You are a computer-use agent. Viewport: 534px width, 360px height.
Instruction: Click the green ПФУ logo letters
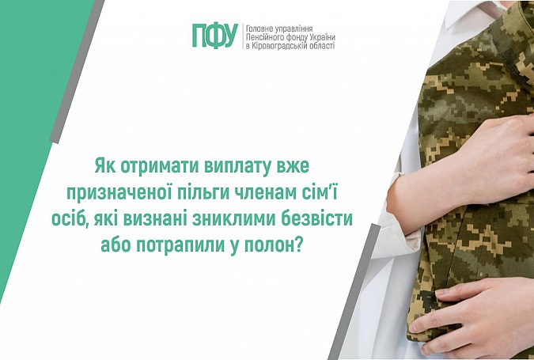215,36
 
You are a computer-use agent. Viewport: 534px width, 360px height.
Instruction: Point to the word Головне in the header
258,28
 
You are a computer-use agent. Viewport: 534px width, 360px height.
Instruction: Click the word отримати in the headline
158,168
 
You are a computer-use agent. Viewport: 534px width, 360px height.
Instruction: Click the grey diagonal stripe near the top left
78,71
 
